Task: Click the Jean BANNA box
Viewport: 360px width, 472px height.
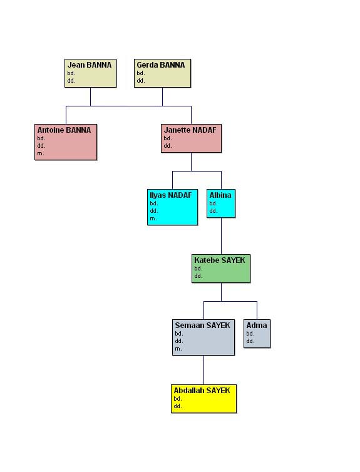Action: click(x=90, y=73)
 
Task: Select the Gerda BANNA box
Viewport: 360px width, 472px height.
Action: click(x=162, y=73)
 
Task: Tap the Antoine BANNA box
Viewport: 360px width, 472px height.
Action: click(x=66, y=141)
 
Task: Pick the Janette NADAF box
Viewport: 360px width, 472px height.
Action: click(x=191, y=138)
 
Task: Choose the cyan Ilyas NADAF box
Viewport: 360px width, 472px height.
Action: click(x=172, y=207)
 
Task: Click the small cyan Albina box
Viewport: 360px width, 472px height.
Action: click(x=221, y=203)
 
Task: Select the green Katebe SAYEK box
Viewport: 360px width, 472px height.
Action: click(x=221, y=268)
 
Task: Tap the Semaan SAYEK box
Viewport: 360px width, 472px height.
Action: click(x=203, y=337)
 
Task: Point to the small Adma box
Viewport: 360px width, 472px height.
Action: click(x=257, y=334)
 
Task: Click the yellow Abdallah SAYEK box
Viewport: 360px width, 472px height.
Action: click(x=203, y=399)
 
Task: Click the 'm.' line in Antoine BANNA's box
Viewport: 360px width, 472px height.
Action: click(x=41, y=153)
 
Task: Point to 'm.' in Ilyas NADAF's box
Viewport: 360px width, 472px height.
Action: click(x=153, y=218)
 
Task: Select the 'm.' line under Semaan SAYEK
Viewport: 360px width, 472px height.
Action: click(x=178, y=349)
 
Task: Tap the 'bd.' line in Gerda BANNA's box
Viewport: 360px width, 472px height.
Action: click(x=141, y=73)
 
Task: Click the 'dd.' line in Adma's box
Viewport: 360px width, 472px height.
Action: click(x=250, y=341)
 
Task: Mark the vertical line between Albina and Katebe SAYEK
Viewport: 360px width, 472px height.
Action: click(x=221, y=236)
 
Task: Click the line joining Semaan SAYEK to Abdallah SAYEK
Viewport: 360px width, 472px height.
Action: click(x=203, y=370)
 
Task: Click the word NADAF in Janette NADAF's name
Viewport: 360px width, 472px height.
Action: click(x=204, y=130)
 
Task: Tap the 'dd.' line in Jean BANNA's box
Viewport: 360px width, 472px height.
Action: click(x=71, y=81)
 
